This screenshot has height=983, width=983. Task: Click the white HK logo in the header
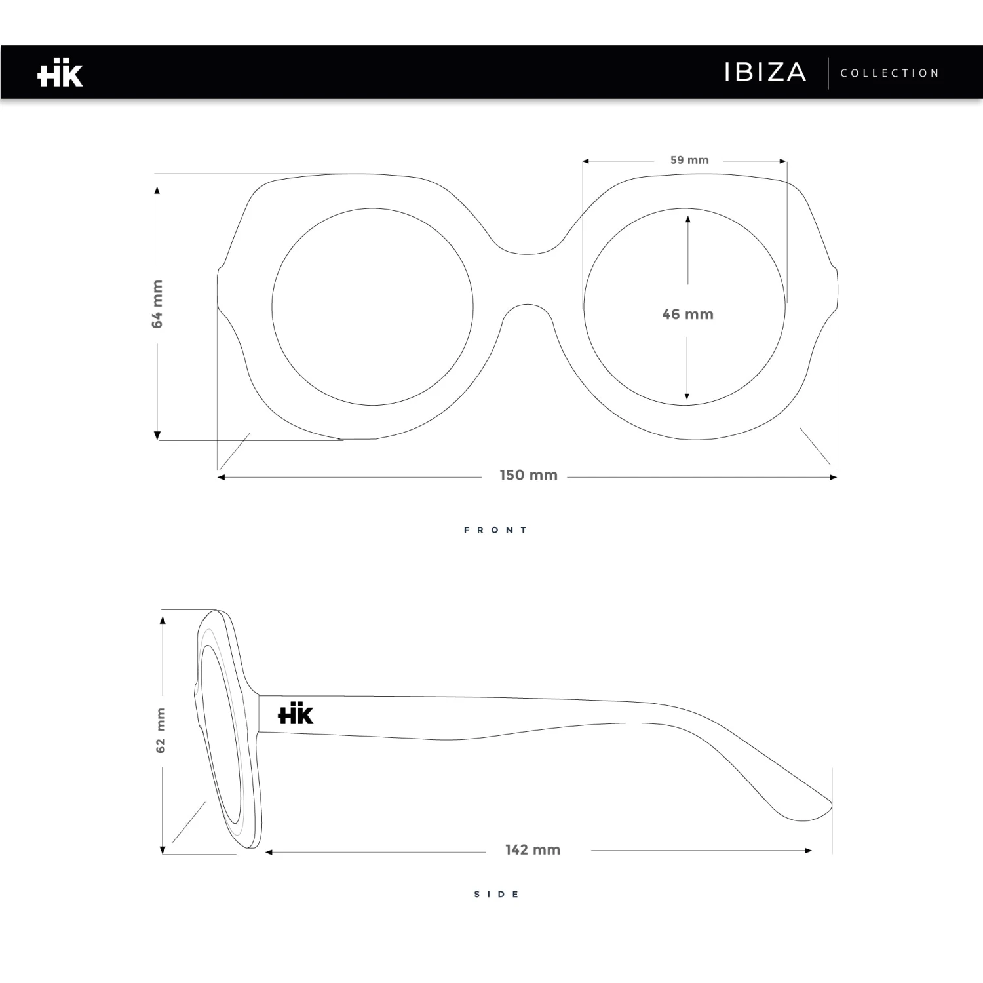coord(60,73)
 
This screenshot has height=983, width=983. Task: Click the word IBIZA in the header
coord(765,72)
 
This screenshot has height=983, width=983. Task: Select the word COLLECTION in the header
coord(890,73)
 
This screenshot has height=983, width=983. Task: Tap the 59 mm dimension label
coord(689,160)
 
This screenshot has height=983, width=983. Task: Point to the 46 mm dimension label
coord(687,315)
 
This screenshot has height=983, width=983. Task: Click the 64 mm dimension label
coord(157,304)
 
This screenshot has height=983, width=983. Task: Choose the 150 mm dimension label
coord(528,476)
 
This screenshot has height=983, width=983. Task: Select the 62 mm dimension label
coord(161,730)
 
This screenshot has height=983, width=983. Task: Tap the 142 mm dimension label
coord(533,850)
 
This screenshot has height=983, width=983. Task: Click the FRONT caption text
coord(496,530)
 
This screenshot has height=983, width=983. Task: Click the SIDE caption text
coord(497,895)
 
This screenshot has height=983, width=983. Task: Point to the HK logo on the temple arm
coord(296,714)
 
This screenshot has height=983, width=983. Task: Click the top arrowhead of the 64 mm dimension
coord(157,190)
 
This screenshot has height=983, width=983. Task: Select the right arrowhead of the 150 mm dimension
coord(833,477)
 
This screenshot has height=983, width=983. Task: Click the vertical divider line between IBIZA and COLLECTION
coord(828,73)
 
